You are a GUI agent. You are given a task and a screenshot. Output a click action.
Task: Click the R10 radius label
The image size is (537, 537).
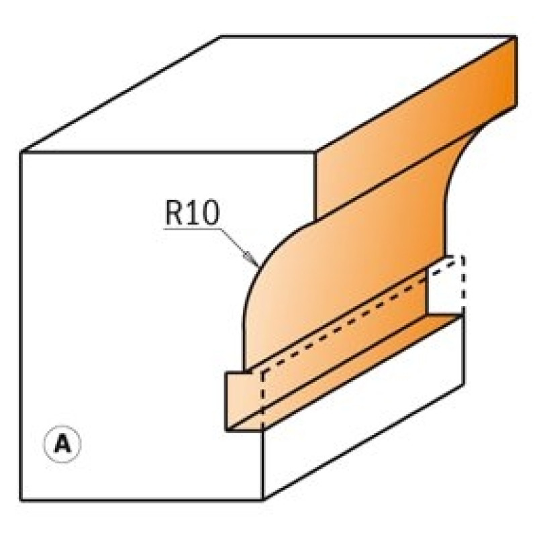[x=192, y=212]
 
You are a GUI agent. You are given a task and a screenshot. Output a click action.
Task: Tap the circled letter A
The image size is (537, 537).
[x=62, y=444]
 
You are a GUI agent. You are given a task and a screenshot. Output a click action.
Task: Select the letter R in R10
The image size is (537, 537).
[x=175, y=212]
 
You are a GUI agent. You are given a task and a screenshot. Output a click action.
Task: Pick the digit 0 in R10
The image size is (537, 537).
[x=209, y=212]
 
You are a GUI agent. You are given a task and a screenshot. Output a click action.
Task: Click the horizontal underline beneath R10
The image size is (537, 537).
[x=192, y=228]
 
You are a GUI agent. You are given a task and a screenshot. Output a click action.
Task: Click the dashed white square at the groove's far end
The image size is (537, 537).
[x=446, y=284]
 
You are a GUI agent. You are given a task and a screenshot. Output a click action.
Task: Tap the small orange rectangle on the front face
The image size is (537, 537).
[x=243, y=401]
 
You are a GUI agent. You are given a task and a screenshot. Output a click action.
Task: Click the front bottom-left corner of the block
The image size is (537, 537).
[x=21, y=500]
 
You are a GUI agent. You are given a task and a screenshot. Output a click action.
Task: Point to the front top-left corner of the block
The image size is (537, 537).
[x=21, y=152]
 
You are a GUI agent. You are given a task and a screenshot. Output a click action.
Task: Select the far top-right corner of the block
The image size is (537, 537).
[x=516, y=36]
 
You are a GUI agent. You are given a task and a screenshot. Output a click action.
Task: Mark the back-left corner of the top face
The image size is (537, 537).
[x=221, y=36]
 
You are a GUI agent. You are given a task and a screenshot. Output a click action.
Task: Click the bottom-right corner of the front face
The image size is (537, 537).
[x=262, y=500]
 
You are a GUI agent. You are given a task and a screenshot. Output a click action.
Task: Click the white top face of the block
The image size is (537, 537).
[x=267, y=94]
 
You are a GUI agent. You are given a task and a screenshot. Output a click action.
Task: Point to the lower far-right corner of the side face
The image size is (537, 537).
[x=464, y=384]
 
